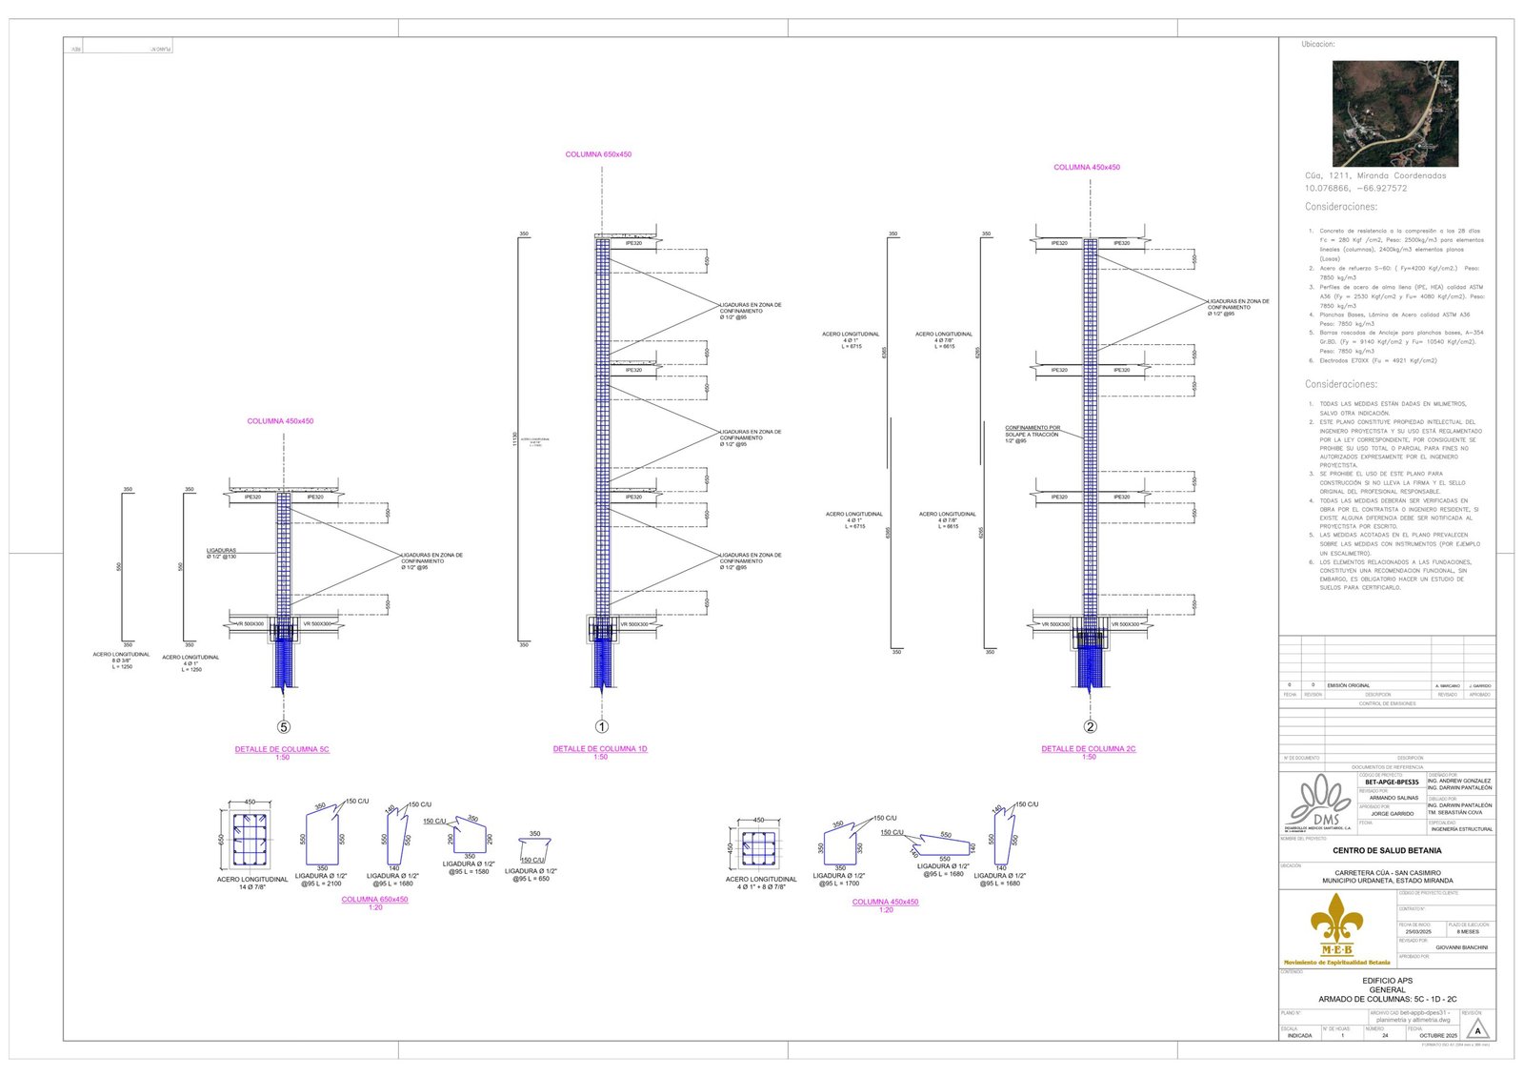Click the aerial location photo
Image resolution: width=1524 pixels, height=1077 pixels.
1394,113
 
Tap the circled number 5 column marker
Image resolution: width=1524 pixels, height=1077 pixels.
283,727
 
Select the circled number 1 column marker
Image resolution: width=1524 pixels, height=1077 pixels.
602,727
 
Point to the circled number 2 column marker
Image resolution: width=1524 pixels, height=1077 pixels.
1090,727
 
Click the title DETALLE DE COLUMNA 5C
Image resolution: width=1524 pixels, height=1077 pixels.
282,749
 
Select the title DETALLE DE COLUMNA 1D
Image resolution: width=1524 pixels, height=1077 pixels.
600,749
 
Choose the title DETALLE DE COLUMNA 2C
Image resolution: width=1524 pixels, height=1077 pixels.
1088,749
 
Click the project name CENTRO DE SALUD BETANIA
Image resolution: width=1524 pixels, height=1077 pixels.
1387,850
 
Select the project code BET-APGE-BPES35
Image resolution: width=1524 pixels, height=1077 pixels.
1392,782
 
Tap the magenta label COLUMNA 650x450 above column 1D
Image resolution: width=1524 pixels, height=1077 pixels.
598,154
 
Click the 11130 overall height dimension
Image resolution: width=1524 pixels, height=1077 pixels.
515,439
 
